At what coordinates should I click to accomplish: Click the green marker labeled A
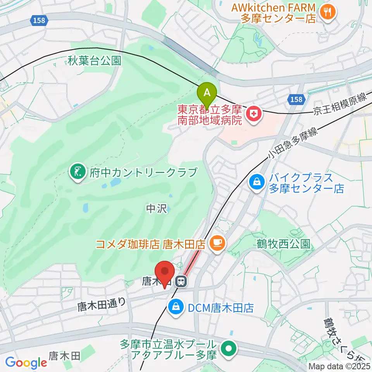click(x=207, y=93)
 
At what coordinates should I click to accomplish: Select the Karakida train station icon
click(x=181, y=281)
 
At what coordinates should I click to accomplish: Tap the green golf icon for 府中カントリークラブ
click(x=77, y=171)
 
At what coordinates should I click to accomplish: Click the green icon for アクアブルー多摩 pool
click(x=229, y=349)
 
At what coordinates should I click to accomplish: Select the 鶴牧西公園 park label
click(x=283, y=244)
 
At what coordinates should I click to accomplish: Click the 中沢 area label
click(x=157, y=209)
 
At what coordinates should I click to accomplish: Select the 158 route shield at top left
click(x=39, y=21)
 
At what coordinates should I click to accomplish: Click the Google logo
click(x=26, y=363)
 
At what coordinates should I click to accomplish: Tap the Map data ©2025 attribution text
click(x=339, y=366)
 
